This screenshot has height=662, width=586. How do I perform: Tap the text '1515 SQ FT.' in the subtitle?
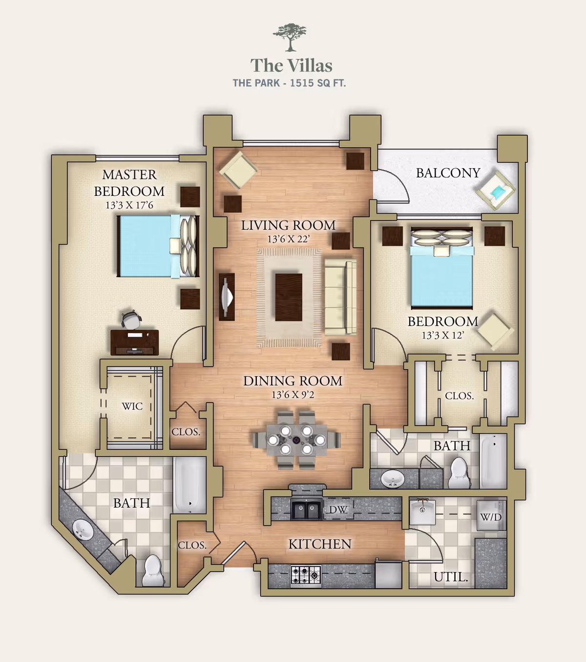[x=317, y=83]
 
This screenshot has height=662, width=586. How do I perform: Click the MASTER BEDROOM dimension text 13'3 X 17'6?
[x=129, y=205]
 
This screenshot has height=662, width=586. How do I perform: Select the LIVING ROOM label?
[x=288, y=225]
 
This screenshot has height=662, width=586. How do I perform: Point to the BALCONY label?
[x=448, y=173]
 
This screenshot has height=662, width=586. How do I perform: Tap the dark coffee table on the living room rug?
[x=289, y=297]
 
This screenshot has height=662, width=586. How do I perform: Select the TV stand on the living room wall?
[x=227, y=297]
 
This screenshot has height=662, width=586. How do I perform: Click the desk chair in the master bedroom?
[x=131, y=320]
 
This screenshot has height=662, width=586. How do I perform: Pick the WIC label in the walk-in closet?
[x=132, y=406]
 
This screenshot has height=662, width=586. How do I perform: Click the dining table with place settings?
[x=296, y=439]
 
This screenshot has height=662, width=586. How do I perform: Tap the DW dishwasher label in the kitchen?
[x=338, y=510]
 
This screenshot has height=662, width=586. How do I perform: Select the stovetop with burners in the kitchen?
[x=306, y=575]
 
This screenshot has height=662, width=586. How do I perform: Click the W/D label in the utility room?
[x=491, y=517]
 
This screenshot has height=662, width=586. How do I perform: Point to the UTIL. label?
[x=451, y=577]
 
